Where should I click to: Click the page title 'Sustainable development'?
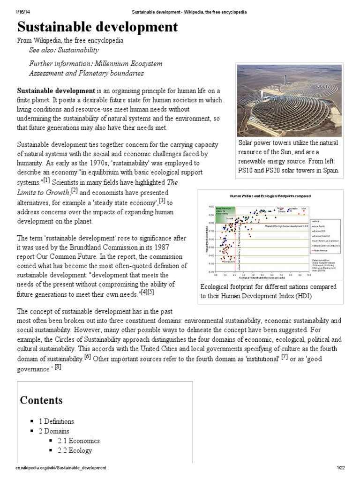tap(97, 27)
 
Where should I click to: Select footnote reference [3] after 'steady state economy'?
tap(162, 201)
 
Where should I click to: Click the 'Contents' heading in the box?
tap(41, 400)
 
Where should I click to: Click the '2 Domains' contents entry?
tap(53, 431)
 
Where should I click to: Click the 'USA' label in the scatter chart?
tap(303, 208)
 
